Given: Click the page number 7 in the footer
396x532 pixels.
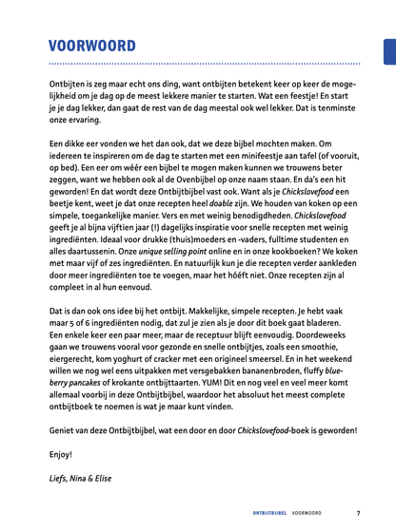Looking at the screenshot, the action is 359,513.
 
